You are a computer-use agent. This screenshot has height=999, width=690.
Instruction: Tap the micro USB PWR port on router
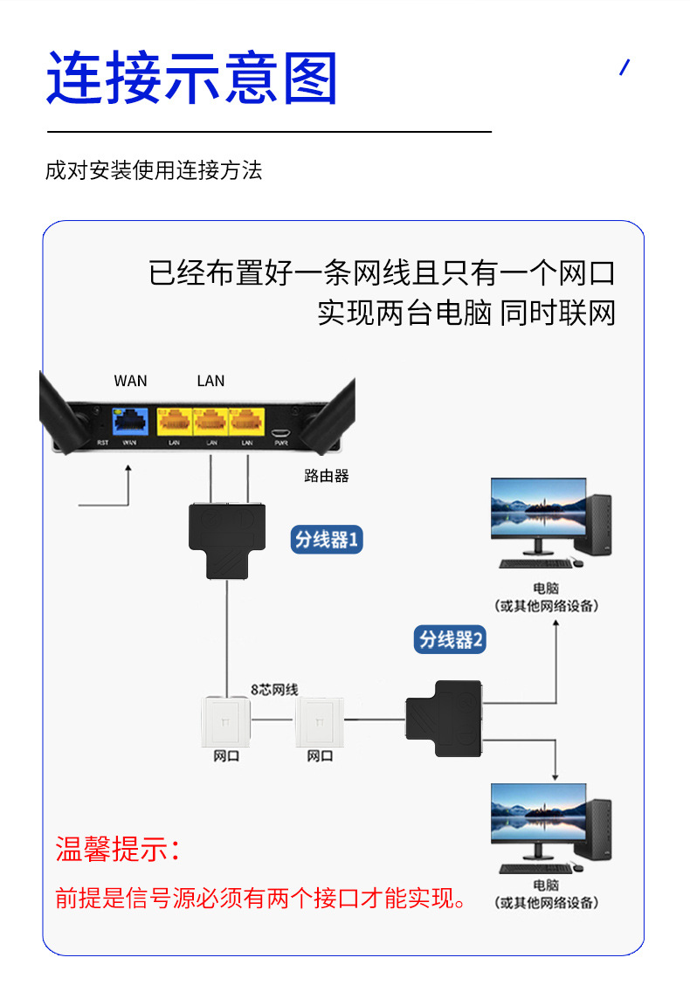pyautogui.click(x=281, y=432)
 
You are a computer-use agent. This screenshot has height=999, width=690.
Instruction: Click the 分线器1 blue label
pyautogui.click(x=327, y=540)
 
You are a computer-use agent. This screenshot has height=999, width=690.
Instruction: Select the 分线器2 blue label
pyautogui.click(x=450, y=639)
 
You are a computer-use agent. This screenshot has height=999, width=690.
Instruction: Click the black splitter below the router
pyautogui.click(x=226, y=540)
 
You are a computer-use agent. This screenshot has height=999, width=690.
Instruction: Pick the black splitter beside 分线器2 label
pyautogui.click(x=445, y=715)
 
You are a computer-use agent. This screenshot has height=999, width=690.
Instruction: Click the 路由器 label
pyautogui.click(x=327, y=476)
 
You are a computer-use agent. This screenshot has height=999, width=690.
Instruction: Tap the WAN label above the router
pyautogui.click(x=130, y=381)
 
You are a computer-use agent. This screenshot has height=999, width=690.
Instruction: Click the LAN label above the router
pyautogui.click(x=210, y=381)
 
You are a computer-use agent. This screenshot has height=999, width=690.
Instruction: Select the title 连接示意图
pyautogui.click(x=192, y=79)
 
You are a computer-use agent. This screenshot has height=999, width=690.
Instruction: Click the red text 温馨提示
pyautogui.click(x=118, y=848)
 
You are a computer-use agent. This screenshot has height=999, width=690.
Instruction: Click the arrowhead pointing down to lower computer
pyautogui.click(x=554, y=776)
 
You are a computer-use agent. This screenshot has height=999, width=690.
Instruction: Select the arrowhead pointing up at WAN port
pyautogui.click(x=129, y=469)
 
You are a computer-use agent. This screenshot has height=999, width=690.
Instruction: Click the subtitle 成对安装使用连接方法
pyautogui.click(x=154, y=170)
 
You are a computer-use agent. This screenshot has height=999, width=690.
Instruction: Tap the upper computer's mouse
pyautogui.click(x=575, y=562)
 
